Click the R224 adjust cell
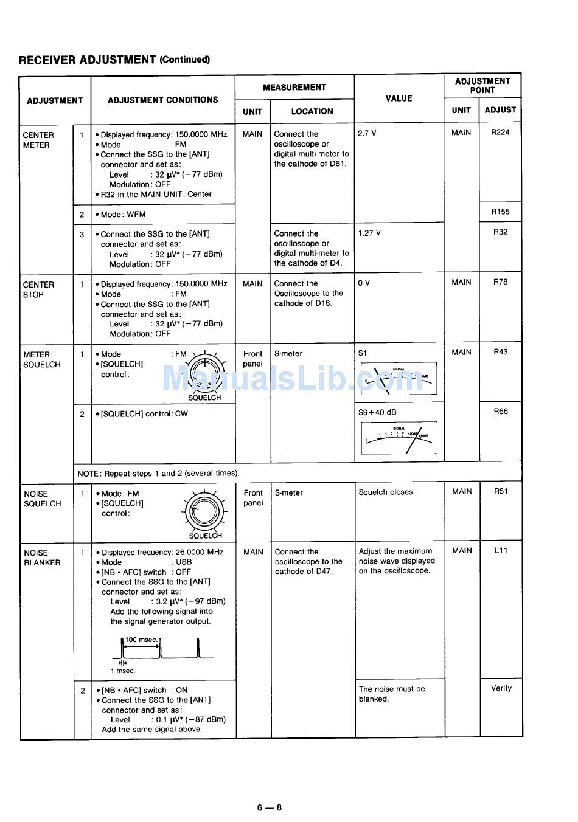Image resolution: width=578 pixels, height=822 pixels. click(x=500, y=132)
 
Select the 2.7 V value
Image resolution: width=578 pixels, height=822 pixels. click(x=367, y=133)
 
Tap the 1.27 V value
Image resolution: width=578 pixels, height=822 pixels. click(x=369, y=233)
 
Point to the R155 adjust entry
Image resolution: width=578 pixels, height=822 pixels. click(x=500, y=212)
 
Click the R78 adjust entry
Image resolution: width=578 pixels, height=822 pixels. click(x=500, y=282)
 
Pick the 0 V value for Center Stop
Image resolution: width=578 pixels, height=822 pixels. click(x=364, y=283)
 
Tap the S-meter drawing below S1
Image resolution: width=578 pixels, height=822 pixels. click(x=399, y=379)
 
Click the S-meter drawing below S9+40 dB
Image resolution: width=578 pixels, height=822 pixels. click(x=399, y=438)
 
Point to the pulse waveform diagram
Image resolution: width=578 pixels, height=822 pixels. click(x=162, y=651)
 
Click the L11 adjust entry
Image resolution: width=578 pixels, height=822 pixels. click(x=500, y=551)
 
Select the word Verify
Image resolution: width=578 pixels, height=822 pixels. click(x=501, y=688)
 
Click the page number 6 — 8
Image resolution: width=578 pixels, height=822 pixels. click(x=269, y=808)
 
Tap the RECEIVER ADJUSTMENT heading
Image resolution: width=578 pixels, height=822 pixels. click(x=114, y=60)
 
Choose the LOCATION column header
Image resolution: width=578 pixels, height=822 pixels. click(x=312, y=111)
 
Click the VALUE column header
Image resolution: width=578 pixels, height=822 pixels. click(x=399, y=98)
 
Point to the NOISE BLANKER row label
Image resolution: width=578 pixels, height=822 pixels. click(x=42, y=558)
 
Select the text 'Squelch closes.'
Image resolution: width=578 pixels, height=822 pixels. click(x=386, y=492)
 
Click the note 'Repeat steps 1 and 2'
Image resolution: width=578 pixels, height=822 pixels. click(x=158, y=473)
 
